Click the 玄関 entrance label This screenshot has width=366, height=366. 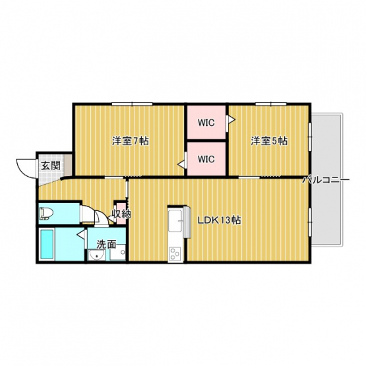51,166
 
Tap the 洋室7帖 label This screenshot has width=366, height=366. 131,141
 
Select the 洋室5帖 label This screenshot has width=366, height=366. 269,141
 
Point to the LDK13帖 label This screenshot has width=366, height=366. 220,220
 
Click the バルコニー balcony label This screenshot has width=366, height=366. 326,180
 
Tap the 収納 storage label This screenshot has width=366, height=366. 121,214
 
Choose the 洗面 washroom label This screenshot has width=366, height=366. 106,244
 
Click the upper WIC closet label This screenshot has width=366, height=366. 206,123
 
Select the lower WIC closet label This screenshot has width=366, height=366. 206,159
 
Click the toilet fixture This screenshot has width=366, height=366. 46,214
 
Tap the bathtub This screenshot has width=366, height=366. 47,244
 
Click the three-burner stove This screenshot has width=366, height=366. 175,254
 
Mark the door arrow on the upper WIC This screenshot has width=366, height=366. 231,120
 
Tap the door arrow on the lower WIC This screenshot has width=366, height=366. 181,165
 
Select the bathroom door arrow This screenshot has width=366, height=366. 80,234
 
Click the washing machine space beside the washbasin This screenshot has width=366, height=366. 117,253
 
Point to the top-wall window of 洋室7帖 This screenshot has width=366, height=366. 132,104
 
